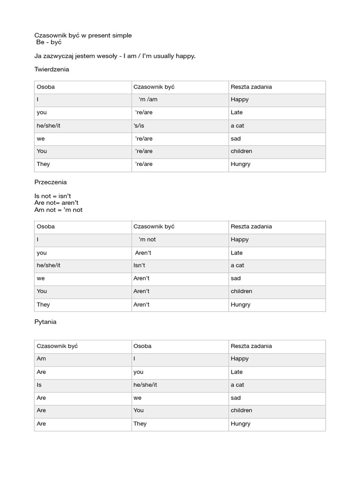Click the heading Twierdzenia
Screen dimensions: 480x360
[x=52, y=69]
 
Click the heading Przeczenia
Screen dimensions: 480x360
[x=51, y=182]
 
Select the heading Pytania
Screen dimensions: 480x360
[x=45, y=322]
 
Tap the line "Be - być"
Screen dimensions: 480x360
[x=49, y=42]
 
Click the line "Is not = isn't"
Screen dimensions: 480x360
[x=52, y=196]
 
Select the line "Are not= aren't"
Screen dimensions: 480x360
[x=56, y=202]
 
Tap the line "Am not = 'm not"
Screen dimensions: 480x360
[x=58, y=210]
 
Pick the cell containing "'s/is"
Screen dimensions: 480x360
[x=140, y=126]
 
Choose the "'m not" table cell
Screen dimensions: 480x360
[x=147, y=240]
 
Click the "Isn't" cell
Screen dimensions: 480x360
[x=139, y=265]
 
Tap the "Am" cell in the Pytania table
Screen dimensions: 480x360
[x=41, y=359]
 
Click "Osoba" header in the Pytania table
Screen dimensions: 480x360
[x=142, y=346]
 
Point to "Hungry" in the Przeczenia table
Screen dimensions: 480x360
[x=240, y=305]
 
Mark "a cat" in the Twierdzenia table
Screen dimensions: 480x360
[x=237, y=126]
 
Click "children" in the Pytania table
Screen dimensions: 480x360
[x=241, y=410]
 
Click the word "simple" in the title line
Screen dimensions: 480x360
[x=121, y=35]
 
